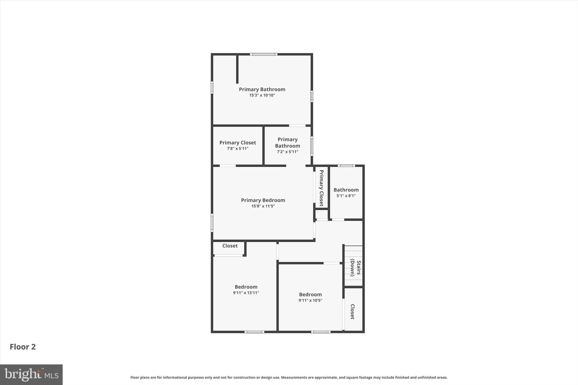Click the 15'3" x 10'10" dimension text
262,95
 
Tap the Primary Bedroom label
263,200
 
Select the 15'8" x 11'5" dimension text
263,206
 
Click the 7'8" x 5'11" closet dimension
238,149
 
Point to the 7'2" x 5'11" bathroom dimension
287,152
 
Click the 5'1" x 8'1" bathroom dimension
346,196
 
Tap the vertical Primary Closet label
321,188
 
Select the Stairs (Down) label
355,268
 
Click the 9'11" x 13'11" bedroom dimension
246,293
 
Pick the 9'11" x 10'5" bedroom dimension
310,300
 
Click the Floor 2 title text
23,347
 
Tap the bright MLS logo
31,375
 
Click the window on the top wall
264,54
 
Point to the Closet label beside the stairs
353,311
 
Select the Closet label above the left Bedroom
230,246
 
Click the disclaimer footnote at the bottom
289,377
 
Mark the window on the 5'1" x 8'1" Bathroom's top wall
346,166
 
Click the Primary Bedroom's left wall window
212,223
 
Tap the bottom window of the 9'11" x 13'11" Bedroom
254,332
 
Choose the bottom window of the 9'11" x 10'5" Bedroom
321,332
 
